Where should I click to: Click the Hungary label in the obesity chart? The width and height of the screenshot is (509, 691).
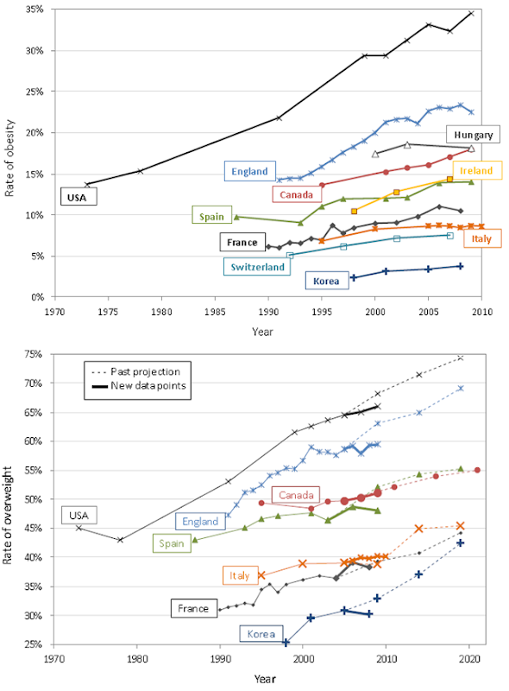click(474, 135)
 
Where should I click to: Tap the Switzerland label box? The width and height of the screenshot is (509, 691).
click(256, 267)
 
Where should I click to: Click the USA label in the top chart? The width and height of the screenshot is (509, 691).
click(79, 197)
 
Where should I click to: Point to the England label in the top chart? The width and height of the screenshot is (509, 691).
click(248, 171)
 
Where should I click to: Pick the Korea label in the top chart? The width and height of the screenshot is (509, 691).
click(325, 280)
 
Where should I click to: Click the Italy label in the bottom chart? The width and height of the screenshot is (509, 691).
click(239, 575)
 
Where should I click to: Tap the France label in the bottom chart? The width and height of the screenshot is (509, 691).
click(193, 608)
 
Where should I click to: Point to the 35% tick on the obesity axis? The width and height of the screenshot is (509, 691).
click(35, 10)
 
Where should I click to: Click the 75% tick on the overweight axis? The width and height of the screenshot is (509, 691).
click(35, 354)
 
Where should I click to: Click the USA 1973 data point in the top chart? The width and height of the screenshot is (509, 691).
click(86, 185)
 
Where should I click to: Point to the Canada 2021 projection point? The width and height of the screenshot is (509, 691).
click(477, 470)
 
